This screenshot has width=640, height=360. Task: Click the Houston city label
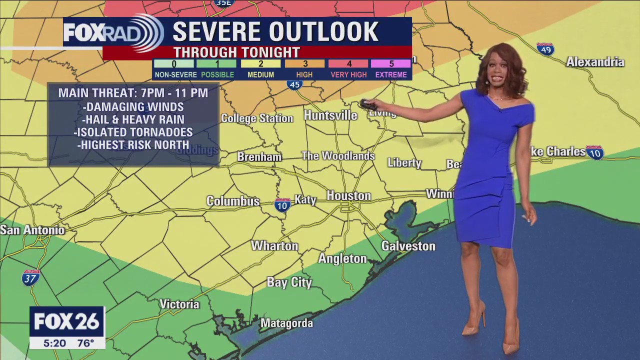click(348, 196)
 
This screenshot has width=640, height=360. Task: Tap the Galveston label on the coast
click(408, 246)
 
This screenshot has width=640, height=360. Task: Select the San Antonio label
click(32, 230)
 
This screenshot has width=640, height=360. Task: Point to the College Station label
click(257, 118)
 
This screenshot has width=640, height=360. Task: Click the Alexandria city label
click(595, 62)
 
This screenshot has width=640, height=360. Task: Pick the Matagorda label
click(286, 323)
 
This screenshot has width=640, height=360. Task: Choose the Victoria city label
click(179, 304)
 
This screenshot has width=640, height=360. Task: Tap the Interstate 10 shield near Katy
click(282, 205)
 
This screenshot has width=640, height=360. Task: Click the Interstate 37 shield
click(30, 277)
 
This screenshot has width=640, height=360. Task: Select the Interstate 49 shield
click(545, 49)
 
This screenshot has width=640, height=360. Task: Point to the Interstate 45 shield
click(295, 84)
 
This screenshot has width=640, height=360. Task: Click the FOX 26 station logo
click(67, 321)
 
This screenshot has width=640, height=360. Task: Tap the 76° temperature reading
click(85, 343)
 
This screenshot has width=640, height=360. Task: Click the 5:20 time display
click(54, 343)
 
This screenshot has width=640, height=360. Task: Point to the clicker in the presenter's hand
click(368, 104)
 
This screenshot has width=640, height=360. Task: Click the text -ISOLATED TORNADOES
click(133, 132)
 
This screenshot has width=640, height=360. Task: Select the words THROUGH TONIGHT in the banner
click(236, 52)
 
